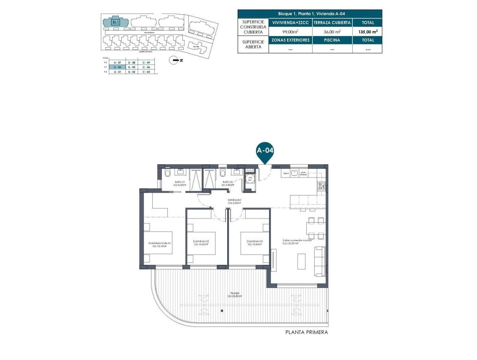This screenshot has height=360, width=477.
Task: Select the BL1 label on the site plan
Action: coord(115,22)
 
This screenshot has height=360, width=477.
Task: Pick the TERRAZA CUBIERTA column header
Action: coord(332,23)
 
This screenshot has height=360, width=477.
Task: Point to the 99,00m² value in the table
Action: coord(290,31)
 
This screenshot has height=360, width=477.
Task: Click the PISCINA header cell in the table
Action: coord(332,40)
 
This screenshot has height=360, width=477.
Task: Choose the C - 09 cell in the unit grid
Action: coord(146,62)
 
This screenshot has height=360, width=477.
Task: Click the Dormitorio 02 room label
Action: coord(201,243)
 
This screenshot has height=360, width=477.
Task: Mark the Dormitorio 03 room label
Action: coord(254,243)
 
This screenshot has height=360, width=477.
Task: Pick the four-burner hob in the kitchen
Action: coord(321,186)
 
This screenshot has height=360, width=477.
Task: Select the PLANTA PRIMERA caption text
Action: coord(306,332)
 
